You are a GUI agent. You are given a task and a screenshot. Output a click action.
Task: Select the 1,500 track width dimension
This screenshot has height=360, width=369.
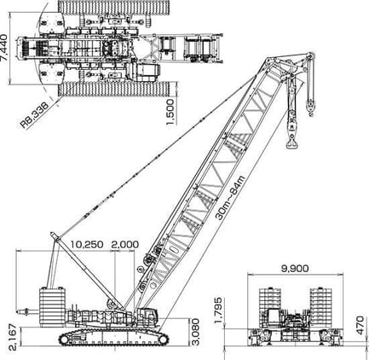[x=170, y=112]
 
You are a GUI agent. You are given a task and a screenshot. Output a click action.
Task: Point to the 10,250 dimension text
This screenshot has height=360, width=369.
[x=87, y=244]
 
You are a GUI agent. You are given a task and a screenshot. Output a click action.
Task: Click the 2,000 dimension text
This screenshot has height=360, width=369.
[x=125, y=244]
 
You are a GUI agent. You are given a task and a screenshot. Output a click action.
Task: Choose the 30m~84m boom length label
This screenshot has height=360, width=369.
[x=230, y=198]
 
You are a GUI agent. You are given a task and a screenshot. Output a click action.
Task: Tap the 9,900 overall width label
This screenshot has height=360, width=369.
[x=295, y=268]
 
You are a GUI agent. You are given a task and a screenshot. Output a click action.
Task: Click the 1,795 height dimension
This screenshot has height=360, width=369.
[x=218, y=311]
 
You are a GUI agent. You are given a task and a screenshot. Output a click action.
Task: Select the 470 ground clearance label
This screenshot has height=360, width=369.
[x=360, y=325]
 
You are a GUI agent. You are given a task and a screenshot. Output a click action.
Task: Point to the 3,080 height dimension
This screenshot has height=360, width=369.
[x=196, y=332]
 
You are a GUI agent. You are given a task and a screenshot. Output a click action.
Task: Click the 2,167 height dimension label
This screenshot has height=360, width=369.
[x=13, y=337]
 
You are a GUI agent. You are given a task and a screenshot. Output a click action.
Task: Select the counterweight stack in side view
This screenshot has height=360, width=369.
[x=53, y=306]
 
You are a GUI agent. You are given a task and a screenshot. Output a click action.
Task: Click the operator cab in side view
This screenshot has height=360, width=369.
[x=147, y=315]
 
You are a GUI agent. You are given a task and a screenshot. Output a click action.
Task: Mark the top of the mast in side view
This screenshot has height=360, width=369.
[x=53, y=234]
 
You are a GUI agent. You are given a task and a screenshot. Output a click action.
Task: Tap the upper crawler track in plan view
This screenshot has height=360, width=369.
[x=114, y=8]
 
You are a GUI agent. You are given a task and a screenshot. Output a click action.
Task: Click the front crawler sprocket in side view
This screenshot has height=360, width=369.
[x=163, y=340]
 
